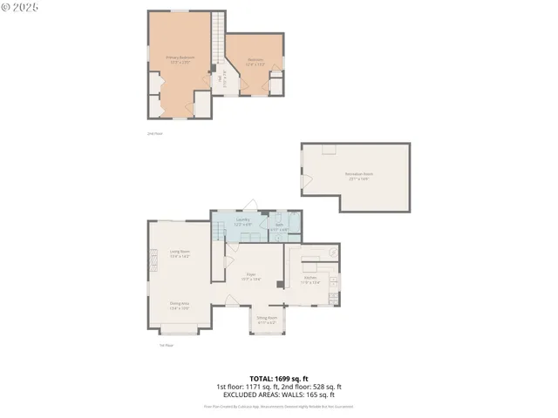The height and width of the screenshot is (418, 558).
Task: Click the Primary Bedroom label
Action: click(x=180, y=59)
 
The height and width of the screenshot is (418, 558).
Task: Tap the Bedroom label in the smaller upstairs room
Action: click(x=255, y=62)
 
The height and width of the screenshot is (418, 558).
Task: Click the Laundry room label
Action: click(x=243, y=221)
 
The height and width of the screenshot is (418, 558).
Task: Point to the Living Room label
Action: click(x=180, y=253)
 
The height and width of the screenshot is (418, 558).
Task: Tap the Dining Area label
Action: click(x=180, y=306)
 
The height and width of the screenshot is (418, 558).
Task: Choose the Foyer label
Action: click(x=250, y=277)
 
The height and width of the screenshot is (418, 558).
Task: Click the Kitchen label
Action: click(x=310, y=280)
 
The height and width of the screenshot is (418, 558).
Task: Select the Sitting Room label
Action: click(x=266, y=320)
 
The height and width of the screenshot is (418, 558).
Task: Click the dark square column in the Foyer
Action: click(x=279, y=284)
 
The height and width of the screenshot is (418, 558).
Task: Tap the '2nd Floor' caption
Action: click(x=154, y=133)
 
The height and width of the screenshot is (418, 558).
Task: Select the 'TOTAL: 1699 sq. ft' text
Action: click(x=279, y=378)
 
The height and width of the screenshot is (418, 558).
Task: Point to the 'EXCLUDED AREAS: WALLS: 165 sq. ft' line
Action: click(x=279, y=394)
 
